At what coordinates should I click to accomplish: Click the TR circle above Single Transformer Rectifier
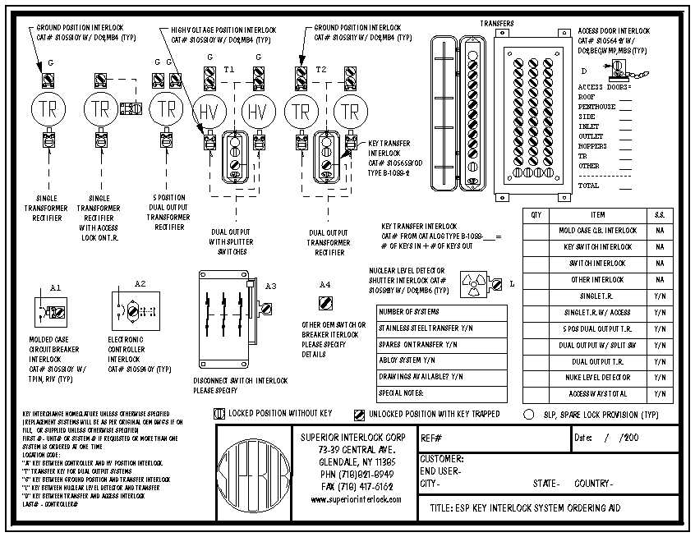(x=47, y=108)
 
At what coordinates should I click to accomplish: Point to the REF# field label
(x=431, y=438)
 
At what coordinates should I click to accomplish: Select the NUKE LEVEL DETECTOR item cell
(x=597, y=378)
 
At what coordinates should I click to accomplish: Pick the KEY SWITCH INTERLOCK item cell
(x=597, y=246)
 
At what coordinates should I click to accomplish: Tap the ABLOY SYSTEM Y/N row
(x=442, y=359)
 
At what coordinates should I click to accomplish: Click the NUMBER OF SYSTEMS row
(x=442, y=312)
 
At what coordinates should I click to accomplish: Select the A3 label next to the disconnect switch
(x=271, y=285)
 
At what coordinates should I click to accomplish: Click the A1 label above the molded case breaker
(x=55, y=288)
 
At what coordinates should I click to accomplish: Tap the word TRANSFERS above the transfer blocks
(x=496, y=24)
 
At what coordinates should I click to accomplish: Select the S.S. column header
(x=660, y=215)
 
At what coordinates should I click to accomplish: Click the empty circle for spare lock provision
(x=528, y=414)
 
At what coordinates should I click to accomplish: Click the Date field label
(x=584, y=438)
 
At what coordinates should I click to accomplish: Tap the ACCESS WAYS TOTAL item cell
(x=597, y=394)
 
